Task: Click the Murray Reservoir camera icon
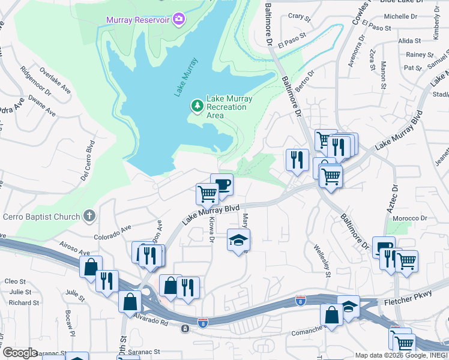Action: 178,20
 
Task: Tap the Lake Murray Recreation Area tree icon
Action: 197,106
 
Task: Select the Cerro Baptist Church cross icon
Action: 89,216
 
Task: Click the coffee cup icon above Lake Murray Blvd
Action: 221,184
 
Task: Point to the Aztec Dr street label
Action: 394,203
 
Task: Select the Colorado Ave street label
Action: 112,229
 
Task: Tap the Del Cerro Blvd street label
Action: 88,161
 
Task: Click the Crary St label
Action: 297,16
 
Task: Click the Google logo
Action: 20,353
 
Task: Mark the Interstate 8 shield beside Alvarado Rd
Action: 203,322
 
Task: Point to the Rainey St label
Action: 415,55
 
